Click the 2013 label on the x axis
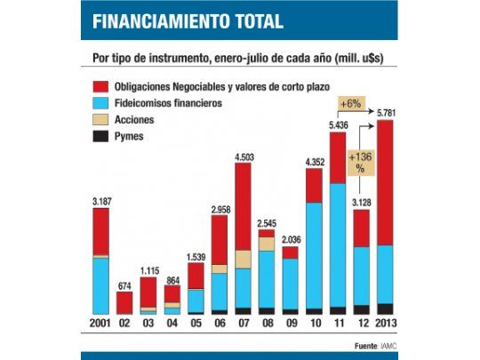pos(385,321)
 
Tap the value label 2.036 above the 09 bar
pos(291,239)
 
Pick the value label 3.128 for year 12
pos(362,203)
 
